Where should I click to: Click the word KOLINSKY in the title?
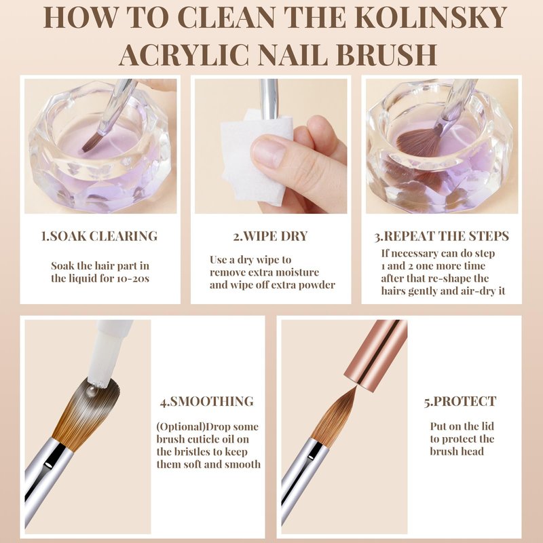pos(431,17)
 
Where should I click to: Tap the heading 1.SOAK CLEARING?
pos(99,236)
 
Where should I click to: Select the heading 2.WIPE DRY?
pos(270,236)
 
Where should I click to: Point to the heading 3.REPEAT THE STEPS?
pos(442,236)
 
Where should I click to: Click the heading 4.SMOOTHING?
pos(207,401)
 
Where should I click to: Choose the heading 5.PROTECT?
pos(460,401)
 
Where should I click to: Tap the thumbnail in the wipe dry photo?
pos(269,151)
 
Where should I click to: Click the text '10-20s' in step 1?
pos(133,278)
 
